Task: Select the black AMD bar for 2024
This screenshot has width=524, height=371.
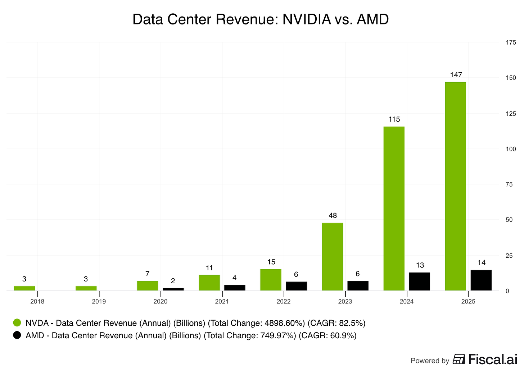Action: pos(419,281)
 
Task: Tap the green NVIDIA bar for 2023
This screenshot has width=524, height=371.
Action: pos(332,257)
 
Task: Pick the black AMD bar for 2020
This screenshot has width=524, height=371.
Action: pos(173,289)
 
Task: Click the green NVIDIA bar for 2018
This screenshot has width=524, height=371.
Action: pos(24,288)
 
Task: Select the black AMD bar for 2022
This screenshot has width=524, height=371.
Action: pos(296,286)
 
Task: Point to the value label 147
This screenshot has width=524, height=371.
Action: pos(456,75)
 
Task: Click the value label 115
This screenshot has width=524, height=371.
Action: pos(394,119)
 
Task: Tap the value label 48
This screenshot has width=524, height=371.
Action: pos(333,216)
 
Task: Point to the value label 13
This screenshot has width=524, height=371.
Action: pos(420,265)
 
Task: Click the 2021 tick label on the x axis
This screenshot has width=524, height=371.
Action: pos(222,302)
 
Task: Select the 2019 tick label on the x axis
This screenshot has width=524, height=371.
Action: pos(99,302)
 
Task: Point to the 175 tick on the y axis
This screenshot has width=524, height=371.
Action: pos(511,42)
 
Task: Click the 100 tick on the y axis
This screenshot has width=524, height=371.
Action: pos(511,149)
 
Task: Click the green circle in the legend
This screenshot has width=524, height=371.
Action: pos(17,323)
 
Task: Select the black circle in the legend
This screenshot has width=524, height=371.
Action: pos(17,335)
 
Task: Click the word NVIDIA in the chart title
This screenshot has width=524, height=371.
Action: pos(307,19)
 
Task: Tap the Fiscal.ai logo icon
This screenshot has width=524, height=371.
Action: pos(459,359)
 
